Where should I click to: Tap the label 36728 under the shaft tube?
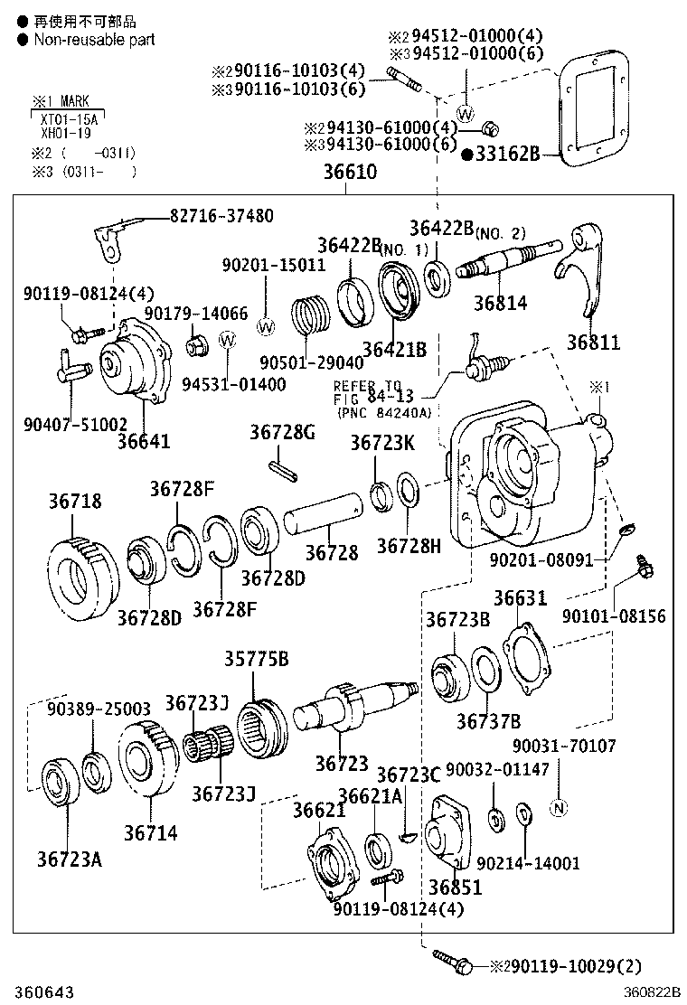[x=331, y=552]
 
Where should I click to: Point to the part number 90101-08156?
[x=614, y=616]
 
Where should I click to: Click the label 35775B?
[x=257, y=659]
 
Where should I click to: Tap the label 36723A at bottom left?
[x=70, y=857]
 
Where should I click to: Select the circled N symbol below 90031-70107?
[x=558, y=807]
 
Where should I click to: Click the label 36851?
[x=456, y=887]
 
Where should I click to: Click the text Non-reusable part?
[x=94, y=40]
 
